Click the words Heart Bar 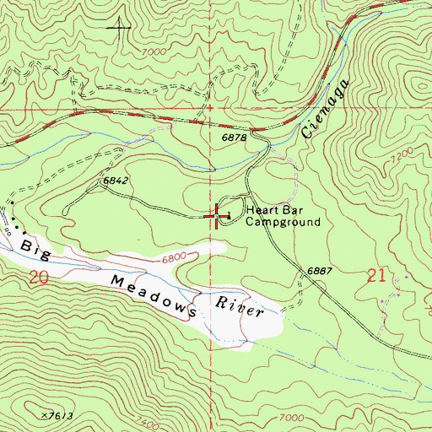[271, 211]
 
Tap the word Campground [283, 223]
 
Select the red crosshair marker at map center [216, 216]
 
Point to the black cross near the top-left [119, 29]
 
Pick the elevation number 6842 [115, 181]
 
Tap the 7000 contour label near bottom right [289, 418]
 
